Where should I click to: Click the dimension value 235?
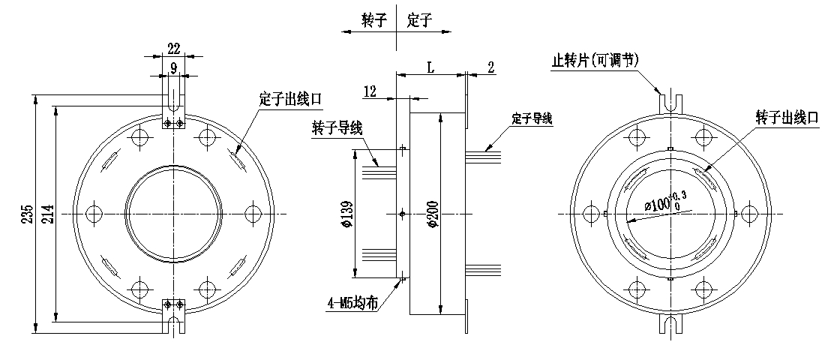pyautogui.click(x=29, y=214)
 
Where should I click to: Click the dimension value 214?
pyautogui.click(x=49, y=214)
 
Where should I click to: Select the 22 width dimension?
pyautogui.click(x=174, y=49)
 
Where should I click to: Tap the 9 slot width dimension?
pyautogui.click(x=173, y=67)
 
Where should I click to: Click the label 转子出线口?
pyautogui.click(x=787, y=118)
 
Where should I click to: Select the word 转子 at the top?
pyautogui.click(x=374, y=20)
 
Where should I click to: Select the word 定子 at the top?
pyautogui.click(x=420, y=20)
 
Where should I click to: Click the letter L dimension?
pyautogui.click(x=431, y=67)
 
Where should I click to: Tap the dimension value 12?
pyautogui.click(x=370, y=91)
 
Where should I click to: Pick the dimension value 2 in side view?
pyautogui.click(x=490, y=67)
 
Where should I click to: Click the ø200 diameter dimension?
pyautogui.click(x=433, y=214)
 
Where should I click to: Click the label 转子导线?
pyautogui.click(x=337, y=128)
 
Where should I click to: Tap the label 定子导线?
pyautogui.click(x=532, y=118)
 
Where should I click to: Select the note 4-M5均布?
pyautogui.click(x=352, y=304)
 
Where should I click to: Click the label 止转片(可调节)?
pyautogui.click(x=594, y=60)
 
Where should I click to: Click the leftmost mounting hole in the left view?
pyautogui.click(x=94, y=214)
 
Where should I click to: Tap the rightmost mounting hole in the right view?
pyautogui.click(x=749, y=214)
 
